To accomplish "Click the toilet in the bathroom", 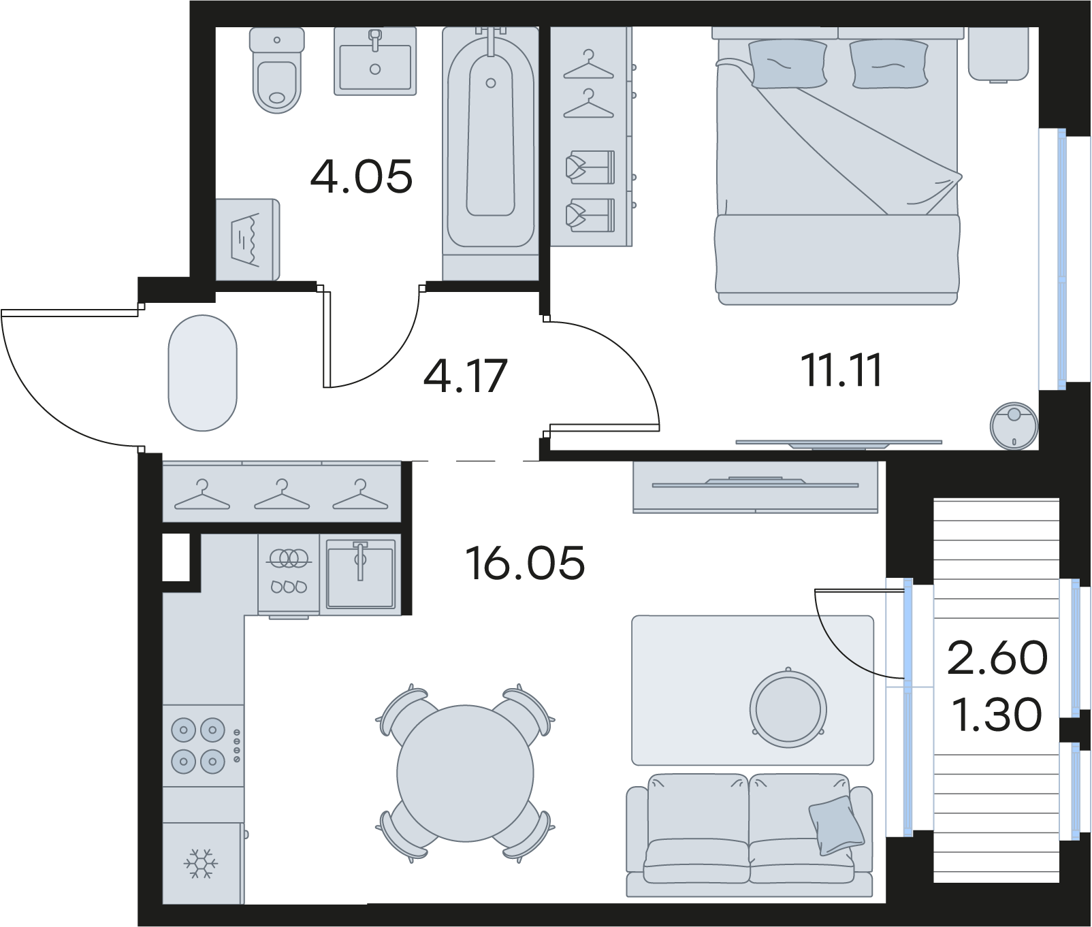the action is click(276, 69).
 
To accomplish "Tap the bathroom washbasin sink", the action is click(375, 61).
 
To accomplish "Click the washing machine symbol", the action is click(247, 239).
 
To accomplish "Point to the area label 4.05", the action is click(362, 176).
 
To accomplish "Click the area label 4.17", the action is click(466, 376).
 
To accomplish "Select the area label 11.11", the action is click(842, 370).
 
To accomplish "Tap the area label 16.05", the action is click(525, 563).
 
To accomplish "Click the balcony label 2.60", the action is click(997, 657).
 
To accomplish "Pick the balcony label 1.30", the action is click(997, 714).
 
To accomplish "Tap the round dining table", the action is click(465, 773).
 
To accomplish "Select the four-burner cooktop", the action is click(203, 745).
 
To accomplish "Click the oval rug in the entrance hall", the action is click(203, 373).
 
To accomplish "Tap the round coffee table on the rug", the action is click(788, 709).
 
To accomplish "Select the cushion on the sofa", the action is click(837, 825).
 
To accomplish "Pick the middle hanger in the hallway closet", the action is click(282, 495).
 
